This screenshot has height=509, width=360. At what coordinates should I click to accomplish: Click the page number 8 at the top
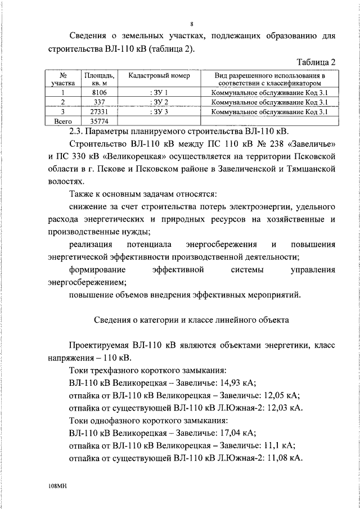[x=192, y=24]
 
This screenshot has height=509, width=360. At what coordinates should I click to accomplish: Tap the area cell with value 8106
[x=99, y=92]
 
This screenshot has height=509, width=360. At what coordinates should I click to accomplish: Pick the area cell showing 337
[x=99, y=102]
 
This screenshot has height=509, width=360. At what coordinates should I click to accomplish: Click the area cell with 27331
[x=99, y=111]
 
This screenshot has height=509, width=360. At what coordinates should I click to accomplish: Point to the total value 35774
[x=99, y=121]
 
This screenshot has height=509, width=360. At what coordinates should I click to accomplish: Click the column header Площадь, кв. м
[x=99, y=79]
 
